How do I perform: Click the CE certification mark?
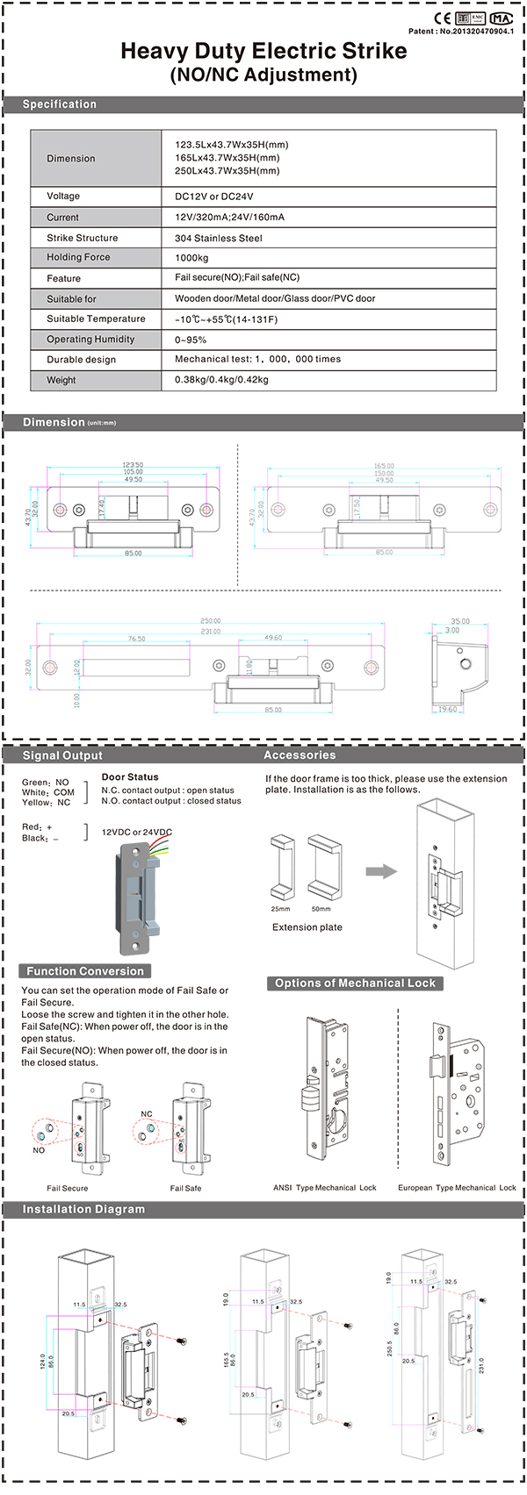pyautogui.click(x=443, y=18)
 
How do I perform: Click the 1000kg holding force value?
pyautogui.click(x=191, y=258)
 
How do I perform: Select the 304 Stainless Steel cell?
pyautogui.click(x=218, y=238)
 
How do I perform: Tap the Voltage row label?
pyautogui.click(x=63, y=197)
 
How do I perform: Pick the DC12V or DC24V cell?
pyautogui.click(x=213, y=197)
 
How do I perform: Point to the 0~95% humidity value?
pyautogui.click(x=191, y=340)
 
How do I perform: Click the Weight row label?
pyautogui.click(x=61, y=380)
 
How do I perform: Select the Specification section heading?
pyautogui.click(x=60, y=104)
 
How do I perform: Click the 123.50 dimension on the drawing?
pyautogui.click(x=133, y=465)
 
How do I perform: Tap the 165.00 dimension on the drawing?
pyautogui.click(x=384, y=466)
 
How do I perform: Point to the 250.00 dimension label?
pyautogui.click(x=210, y=621)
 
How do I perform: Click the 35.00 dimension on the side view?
pyautogui.click(x=458, y=621)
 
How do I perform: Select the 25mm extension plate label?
pyautogui.click(x=280, y=909)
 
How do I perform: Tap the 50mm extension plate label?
pyautogui.click(x=321, y=909)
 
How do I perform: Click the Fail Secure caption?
pyautogui.click(x=68, y=1188)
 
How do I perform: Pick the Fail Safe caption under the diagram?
pyautogui.click(x=185, y=1188)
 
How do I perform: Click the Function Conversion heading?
pyautogui.click(x=84, y=971)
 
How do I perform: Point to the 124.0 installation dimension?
pyautogui.click(x=41, y=1361)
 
